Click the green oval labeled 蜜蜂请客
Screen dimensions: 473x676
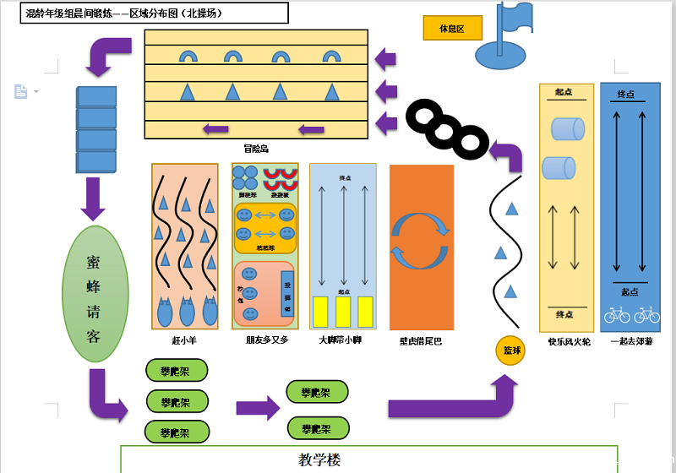(95, 294)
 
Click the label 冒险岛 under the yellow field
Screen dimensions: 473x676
(255, 149)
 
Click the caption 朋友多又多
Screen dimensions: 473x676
(266, 340)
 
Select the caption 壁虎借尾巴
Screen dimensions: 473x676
(420, 340)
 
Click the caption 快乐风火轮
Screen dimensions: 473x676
(569, 341)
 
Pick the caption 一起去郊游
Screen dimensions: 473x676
(631, 341)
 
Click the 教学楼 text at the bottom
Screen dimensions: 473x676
(319, 459)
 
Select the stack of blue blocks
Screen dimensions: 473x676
(96, 129)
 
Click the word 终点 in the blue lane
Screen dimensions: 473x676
(626, 94)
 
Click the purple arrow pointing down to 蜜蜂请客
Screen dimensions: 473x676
(94, 198)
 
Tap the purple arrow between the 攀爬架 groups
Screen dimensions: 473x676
(258, 408)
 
